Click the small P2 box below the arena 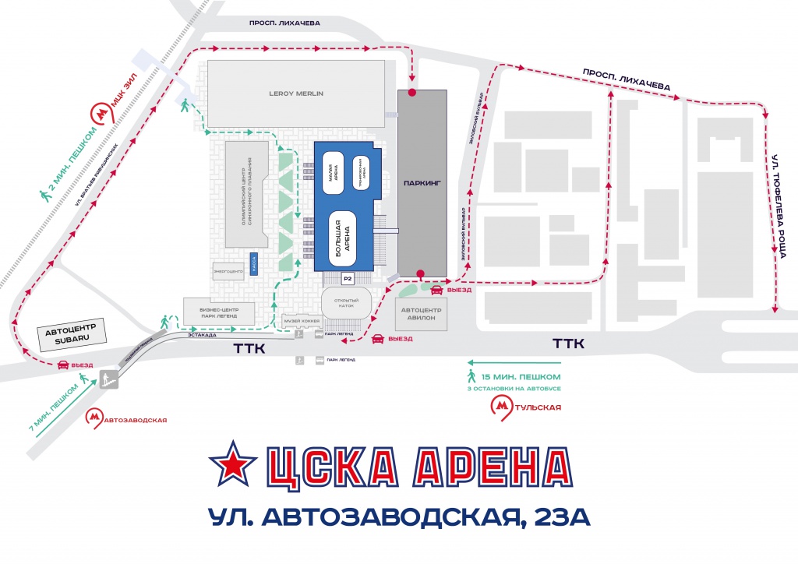coord(348,279)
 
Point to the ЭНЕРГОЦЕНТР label coord(228,271)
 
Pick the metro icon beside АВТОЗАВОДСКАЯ coord(94,419)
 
